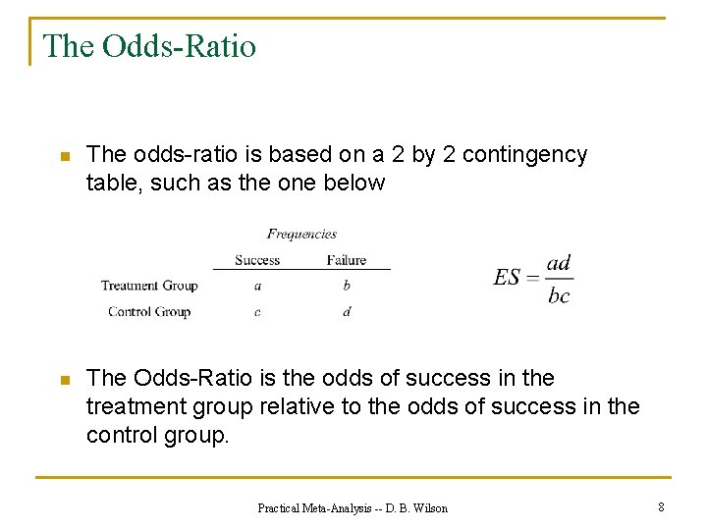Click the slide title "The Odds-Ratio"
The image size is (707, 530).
coord(149,46)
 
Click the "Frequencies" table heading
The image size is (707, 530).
coord(301,234)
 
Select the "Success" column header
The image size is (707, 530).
coord(257,260)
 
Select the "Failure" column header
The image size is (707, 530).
coord(346,260)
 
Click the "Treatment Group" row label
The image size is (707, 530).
coord(149,286)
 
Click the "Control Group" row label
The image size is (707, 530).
coord(149,311)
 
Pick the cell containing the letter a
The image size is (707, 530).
coord(257,286)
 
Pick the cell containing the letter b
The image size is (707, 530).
coord(347,286)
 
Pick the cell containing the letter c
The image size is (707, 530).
coord(257,312)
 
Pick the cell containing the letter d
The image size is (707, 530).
coord(347,312)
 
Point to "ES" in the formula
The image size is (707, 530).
coord(507,278)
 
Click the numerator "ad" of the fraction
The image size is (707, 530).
coord(559,262)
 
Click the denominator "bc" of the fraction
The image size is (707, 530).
coord(559,295)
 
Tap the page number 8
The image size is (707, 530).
coord(661,506)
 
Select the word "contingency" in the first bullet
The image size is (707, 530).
coord(524,155)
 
